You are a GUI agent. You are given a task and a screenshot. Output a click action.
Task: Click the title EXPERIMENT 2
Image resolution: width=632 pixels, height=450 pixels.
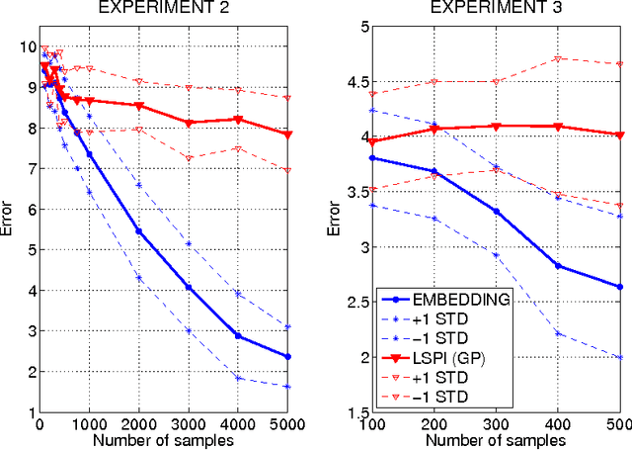(x=163, y=9)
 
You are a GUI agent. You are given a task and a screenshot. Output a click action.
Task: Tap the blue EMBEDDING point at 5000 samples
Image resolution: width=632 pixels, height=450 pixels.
(x=288, y=357)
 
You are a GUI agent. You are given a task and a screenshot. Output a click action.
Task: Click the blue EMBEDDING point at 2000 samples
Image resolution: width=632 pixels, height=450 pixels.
(x=138, y=231)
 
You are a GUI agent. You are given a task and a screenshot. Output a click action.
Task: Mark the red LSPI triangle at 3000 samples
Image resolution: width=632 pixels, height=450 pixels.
(x=189, y=123)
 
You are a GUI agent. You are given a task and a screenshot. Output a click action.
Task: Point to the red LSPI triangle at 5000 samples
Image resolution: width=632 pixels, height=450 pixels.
(x=288, y=135)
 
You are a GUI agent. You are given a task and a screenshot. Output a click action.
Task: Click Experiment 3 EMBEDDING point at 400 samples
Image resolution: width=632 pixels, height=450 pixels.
(x=558, y=265)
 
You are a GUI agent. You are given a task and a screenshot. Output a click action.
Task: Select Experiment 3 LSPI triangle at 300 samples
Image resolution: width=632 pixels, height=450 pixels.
(x=496, y=126)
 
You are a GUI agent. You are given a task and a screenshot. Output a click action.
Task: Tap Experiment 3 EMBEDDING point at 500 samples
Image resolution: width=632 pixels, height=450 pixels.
(x=620, y=287)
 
